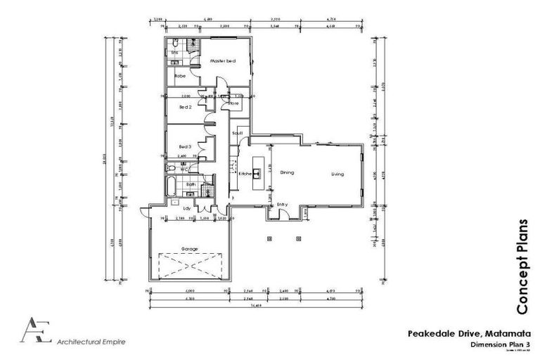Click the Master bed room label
pyautogui.click(x=222, y=62)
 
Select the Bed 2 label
pyautogui.click(x=186, y=107)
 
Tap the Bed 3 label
pyautogui.click(x=186, y=146)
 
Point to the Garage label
pyautogui.click(x=189, y=249)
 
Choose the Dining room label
pyautogui.click(x=286, y=172)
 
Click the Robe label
pyautogui.click(x=180, y=75)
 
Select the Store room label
pyautogui.click(x=234, y=103)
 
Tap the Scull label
pyautogui.click(x=237, y=132)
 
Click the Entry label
pyautogui.click(x=282, y=205)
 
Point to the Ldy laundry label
pyautogui.click(x=187, y=208)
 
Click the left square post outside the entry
pyautogui.click(x=269, y=238)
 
